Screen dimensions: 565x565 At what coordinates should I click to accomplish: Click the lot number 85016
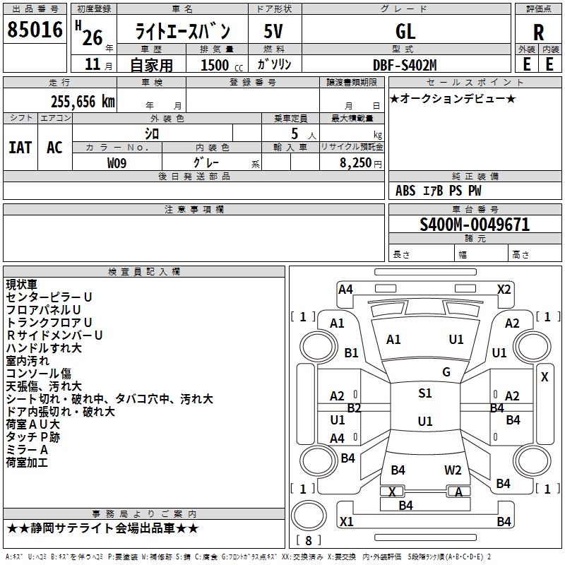point(35,30)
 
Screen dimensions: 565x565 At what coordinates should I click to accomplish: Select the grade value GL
point(405,31)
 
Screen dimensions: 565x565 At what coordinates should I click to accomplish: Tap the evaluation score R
point(538,31)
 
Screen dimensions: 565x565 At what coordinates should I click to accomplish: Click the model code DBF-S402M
point(405,64)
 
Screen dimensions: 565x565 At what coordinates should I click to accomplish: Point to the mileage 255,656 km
point(83,101)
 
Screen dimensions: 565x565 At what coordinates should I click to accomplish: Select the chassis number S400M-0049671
point(475,225)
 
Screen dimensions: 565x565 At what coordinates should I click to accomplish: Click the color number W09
point(118,162)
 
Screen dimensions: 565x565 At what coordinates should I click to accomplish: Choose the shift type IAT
point(20,148)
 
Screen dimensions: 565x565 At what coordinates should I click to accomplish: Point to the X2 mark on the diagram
point(504,289)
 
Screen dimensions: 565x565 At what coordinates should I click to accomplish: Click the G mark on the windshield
point(446,372)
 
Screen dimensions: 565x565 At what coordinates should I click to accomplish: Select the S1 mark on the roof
point(425,393)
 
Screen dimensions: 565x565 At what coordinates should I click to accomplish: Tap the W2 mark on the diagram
point(453,470)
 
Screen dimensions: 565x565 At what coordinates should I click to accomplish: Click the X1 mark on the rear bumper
point(347,522)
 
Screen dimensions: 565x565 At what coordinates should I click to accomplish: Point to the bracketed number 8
point(308,540)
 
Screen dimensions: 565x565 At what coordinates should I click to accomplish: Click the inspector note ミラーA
point(27,450)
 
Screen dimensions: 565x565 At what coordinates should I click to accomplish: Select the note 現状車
point(21,285)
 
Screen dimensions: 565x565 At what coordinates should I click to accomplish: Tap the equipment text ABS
point(405,191)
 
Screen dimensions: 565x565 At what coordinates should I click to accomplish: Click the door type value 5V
point(274,31)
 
